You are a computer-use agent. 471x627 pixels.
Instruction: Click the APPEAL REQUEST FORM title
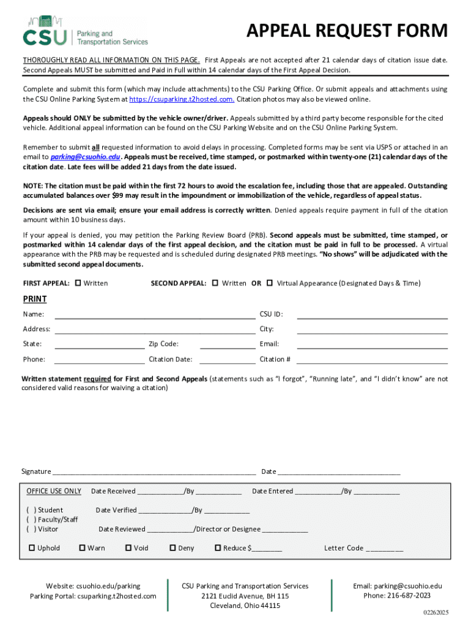[x=347, y=31]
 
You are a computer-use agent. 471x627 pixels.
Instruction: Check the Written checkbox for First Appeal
[x=78, y=283]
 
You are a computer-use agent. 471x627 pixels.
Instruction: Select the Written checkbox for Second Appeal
[x=215, y=283]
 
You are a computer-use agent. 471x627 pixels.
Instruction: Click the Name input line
[x=155, y=315]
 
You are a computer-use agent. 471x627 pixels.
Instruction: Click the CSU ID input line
[x=372, y=315]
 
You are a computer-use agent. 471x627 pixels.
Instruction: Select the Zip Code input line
[x=227, y=345]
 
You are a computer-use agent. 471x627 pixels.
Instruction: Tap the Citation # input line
[x=372, y=360]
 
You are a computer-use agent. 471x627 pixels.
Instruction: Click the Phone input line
[x=99, y=360]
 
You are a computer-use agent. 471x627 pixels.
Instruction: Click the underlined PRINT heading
[x=35, y=299]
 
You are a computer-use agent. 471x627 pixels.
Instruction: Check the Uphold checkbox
[x=32, y=548]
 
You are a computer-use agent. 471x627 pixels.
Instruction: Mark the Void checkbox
[x=128, y=548]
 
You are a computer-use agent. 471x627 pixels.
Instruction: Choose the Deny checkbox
[x=172, y=548]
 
